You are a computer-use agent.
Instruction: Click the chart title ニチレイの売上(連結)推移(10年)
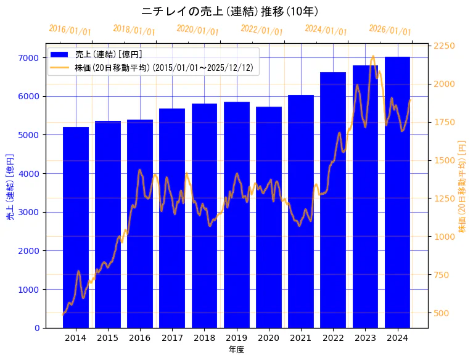click(229, 12)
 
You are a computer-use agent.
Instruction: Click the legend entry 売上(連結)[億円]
click(104, 54)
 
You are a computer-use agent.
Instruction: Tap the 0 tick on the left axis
click(38, 328)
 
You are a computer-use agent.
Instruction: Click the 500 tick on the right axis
click(442, 313)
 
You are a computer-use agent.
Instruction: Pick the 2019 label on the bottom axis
click(236, 338)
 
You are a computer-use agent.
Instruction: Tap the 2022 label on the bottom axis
click(333, 338)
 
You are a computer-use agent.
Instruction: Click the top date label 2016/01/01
click(70, 30)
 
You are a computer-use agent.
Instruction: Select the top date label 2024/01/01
click(326, 30)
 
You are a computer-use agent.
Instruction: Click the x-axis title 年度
click(236, 350)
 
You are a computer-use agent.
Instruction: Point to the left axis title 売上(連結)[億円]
click(10, 187)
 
